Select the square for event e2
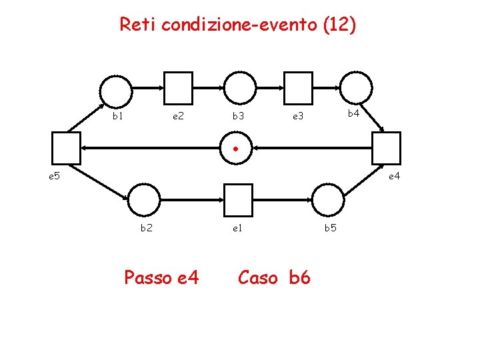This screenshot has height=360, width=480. pyautogui.click(x=178, y=88)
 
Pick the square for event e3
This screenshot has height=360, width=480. pyautogui.click(x=299, y=88)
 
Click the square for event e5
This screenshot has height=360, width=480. pyautogui.click(x=66, y=147)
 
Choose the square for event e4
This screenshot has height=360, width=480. pyautogui.click(x=387, y=147)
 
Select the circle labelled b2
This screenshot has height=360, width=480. pyautogui.click(x=143, y=199)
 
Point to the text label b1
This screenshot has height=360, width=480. pyautogui.click(x=117, y=116)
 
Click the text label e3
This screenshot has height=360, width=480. pyautogui.click(x=298, y=117)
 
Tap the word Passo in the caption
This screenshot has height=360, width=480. pyautogui.click(x=148, y=278)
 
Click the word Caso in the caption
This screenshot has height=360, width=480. pyautogui.click(x=257, y=277)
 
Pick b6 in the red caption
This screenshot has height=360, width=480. pyautogui.click(x=300, y=277)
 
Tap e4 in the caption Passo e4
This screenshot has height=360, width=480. pyautogui.click(x=187, y=278)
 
